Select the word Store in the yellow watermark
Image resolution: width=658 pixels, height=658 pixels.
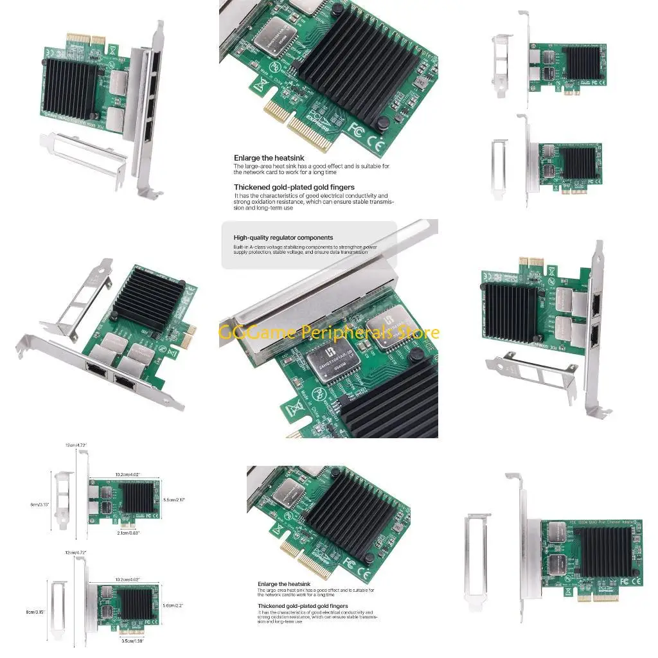point(417,332)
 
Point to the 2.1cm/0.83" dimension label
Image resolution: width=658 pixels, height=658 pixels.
point(129,533)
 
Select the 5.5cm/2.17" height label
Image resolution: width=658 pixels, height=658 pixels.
point(175,499)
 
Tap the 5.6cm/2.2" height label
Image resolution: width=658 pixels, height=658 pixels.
point(173,605)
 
